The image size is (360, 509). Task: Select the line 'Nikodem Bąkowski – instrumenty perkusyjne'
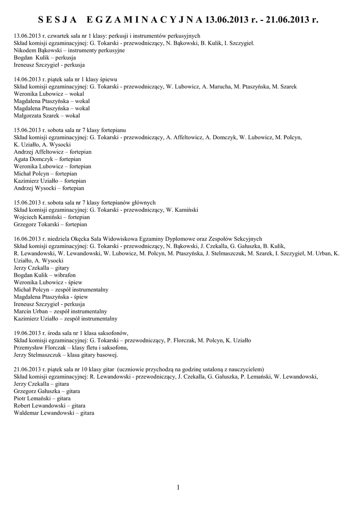tap(69, 50)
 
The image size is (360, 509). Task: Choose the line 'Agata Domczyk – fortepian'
tap(48, 159)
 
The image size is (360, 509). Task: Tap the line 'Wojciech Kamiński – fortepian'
tap(52, 217)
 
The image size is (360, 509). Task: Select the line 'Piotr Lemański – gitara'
tap(42, 398)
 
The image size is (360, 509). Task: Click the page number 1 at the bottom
tap(178, 487)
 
